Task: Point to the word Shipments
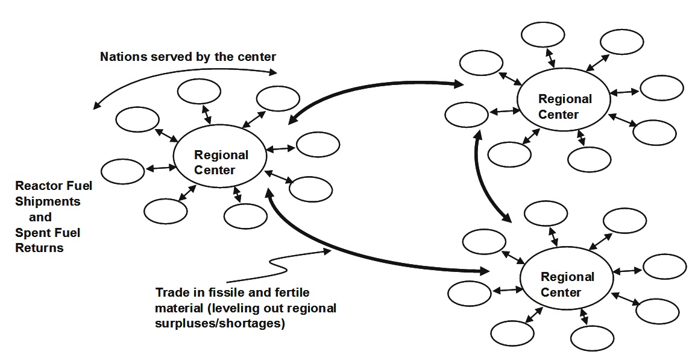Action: click(48, 201)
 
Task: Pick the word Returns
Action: click(39, 247)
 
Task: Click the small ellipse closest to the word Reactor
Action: click(123, 171)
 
